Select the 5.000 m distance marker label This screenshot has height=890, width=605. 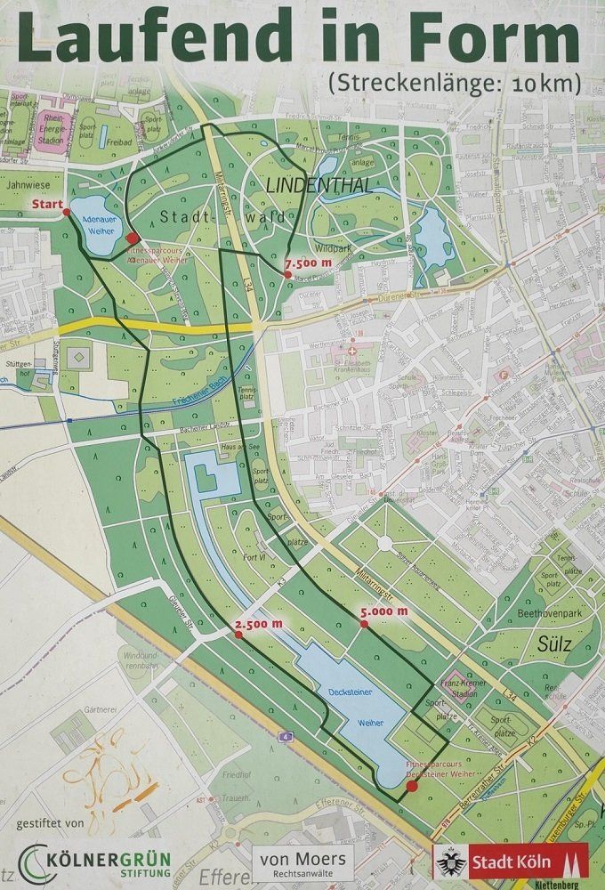pos(383,611)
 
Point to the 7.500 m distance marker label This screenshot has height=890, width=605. pos(308,263)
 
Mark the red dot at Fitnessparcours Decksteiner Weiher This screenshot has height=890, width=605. pos(411,786)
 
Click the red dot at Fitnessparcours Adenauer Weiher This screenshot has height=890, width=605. pos(132,238)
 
